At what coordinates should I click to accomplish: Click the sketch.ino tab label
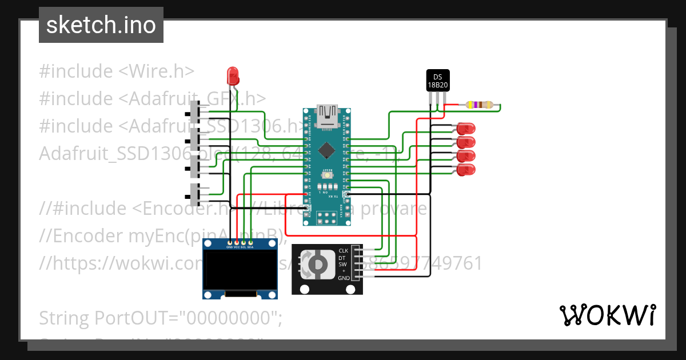[101, 25]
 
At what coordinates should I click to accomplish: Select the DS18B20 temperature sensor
[438, 81]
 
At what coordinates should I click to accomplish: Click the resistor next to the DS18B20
[479, 105]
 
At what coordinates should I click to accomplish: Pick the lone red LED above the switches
[233, 75]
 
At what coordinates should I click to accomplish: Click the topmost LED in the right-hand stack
[466, 128]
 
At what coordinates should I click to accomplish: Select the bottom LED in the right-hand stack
[466, 169]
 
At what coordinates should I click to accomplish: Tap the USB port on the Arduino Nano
[328, 115]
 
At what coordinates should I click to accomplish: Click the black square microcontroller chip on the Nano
[326, 150]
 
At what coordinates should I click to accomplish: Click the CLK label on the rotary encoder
[343, 250]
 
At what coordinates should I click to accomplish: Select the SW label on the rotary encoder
[343, 264]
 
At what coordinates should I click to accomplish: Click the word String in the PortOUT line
[62, 317]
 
